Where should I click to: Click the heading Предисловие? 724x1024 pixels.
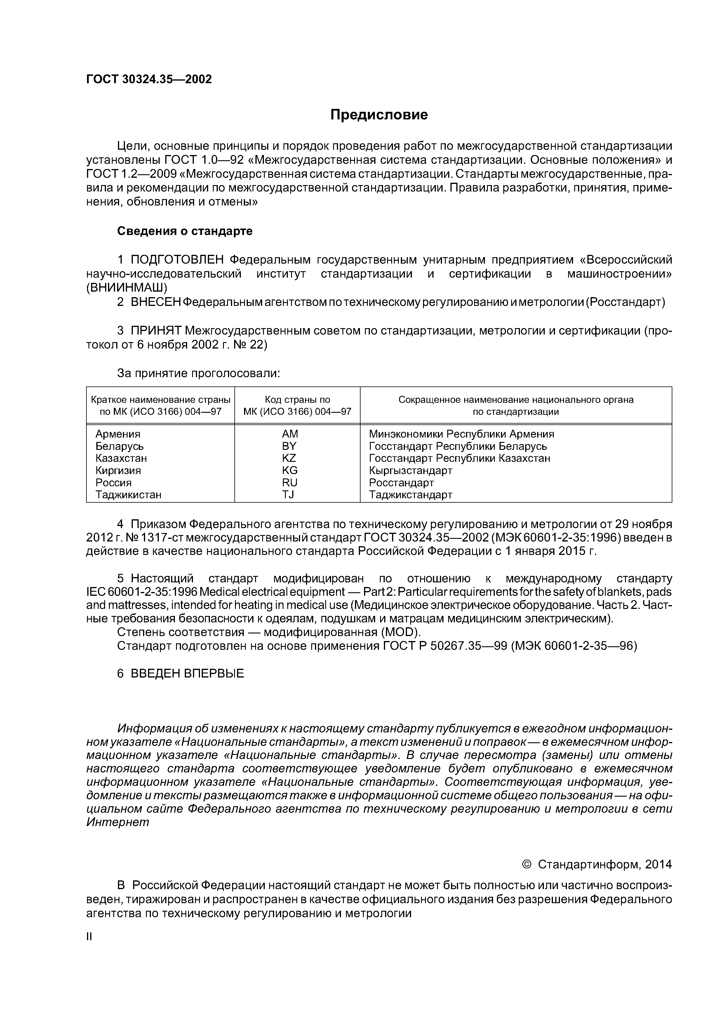[x=379, y=115]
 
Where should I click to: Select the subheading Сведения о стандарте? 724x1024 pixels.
[x=185, y=231]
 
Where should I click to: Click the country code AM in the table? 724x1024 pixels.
[x=290, y=434]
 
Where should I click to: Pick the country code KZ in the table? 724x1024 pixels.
[x=289, y=458]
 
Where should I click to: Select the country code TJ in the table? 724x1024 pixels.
[x=288, y=494]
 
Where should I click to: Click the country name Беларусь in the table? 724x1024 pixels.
[x=120, y=446]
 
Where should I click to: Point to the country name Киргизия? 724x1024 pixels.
[x=118, y=471]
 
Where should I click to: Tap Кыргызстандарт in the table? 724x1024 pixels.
[x=410, y=471]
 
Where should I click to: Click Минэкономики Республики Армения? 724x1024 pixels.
[x=461, y=434]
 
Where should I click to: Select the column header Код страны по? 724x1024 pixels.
[x=297, y=400]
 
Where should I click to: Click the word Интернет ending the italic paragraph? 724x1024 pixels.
[x=118, y=822]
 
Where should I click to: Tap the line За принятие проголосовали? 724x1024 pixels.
[x=199, y=373]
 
